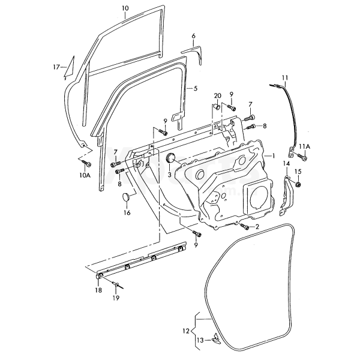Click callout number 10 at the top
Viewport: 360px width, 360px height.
[125, 8]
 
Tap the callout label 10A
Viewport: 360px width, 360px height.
[85, 176]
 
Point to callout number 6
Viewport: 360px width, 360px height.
[194, 36]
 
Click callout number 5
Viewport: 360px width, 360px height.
[196, 88]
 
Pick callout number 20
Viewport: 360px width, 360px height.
[217, 96]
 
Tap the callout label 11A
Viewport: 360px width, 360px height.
[305, 146]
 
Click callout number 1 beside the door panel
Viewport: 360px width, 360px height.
[273, 155]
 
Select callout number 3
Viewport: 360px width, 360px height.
[170, 175]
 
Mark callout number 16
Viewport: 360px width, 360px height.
[127, 212]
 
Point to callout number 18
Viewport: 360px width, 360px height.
[98, 290]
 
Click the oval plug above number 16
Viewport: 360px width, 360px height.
[126, 197]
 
